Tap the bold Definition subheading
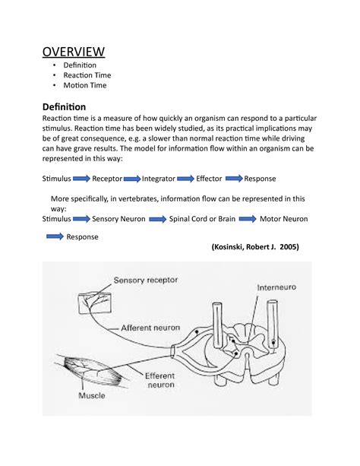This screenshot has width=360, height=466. pyautogui.click(x=64, y=106)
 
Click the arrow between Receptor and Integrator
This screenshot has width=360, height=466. pyautogui.click(x=131, y=179)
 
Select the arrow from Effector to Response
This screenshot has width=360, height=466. pyautogui.click(x=233, y=179)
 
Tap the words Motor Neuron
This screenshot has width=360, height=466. pyautogui.click(x=285, y=218)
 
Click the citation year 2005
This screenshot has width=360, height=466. pyautogui.click(x=286, y=248)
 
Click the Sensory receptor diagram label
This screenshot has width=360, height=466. pyautogui.click(x=146, y=280)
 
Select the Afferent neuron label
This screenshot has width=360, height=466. pyautogui.click(x=150, y=327)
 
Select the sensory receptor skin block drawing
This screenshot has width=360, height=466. pyautogui.click(x=93, y=302)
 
